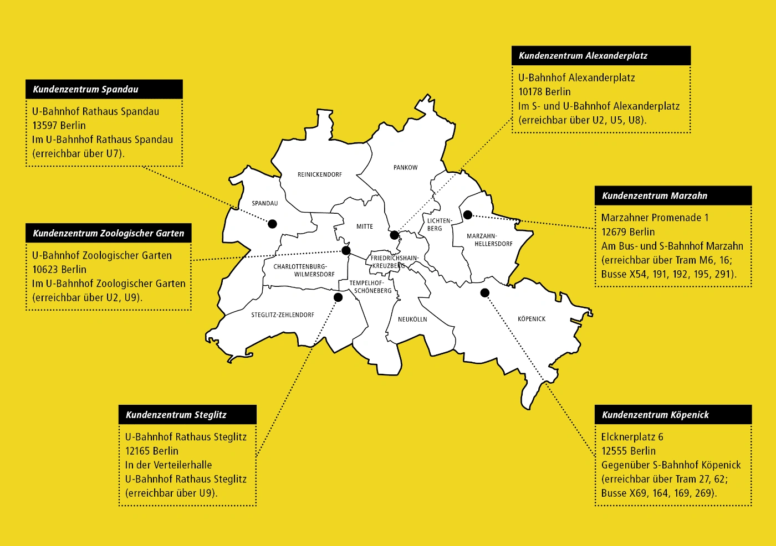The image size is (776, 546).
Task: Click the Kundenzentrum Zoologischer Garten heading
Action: point(109,233)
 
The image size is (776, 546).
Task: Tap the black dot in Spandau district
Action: point(272,224)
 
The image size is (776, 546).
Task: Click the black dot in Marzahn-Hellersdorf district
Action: point(467,215)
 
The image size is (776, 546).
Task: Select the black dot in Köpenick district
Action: point(485,292)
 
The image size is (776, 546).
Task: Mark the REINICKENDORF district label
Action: point(320,174)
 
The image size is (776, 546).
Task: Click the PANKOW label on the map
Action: point(406,167)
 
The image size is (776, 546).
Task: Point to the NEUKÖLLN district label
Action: point(412,320)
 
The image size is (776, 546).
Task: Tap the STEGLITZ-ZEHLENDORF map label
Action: point(283,315)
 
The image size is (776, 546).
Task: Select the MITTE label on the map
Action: point(365,226)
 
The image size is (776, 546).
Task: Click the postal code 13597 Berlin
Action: point(59,126)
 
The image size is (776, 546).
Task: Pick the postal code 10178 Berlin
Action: point(544,92)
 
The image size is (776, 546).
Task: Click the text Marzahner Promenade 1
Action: point(655,218)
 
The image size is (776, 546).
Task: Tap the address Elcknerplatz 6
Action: point(632,437)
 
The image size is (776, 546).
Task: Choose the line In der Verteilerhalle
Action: point(169,465)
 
